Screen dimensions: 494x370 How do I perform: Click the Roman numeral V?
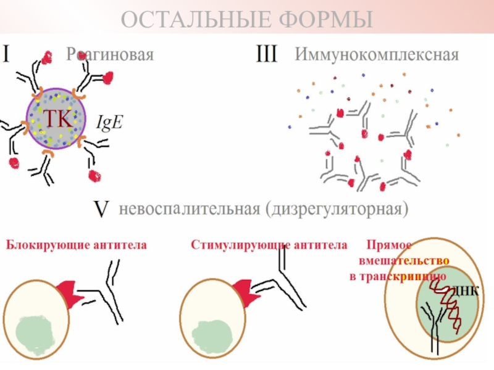[100, 210]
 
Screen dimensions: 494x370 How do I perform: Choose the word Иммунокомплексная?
[377, 55]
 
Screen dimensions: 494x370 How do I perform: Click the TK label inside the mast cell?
[56, 120]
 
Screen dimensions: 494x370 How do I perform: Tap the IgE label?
[109, 123]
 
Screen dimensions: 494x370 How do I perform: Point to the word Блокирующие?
[44, 245]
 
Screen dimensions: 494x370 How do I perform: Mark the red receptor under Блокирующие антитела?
[72, 293]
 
